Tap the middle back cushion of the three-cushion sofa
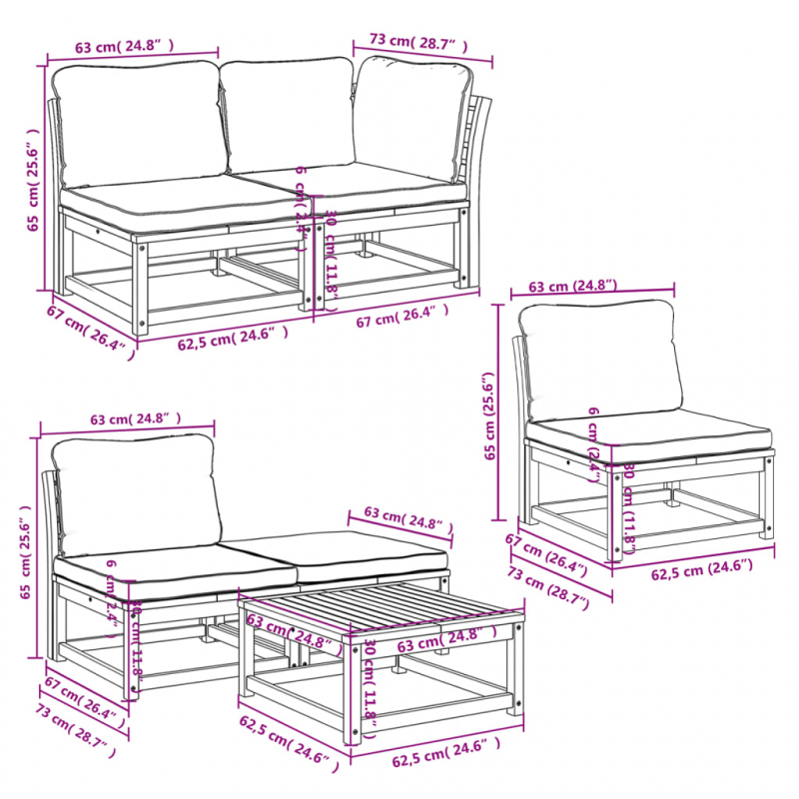point(287,115)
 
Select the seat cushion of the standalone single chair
point(649,431)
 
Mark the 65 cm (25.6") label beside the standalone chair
point(489,417)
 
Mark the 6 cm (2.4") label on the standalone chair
point(595,440)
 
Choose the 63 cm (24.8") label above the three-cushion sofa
point(124,46)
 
